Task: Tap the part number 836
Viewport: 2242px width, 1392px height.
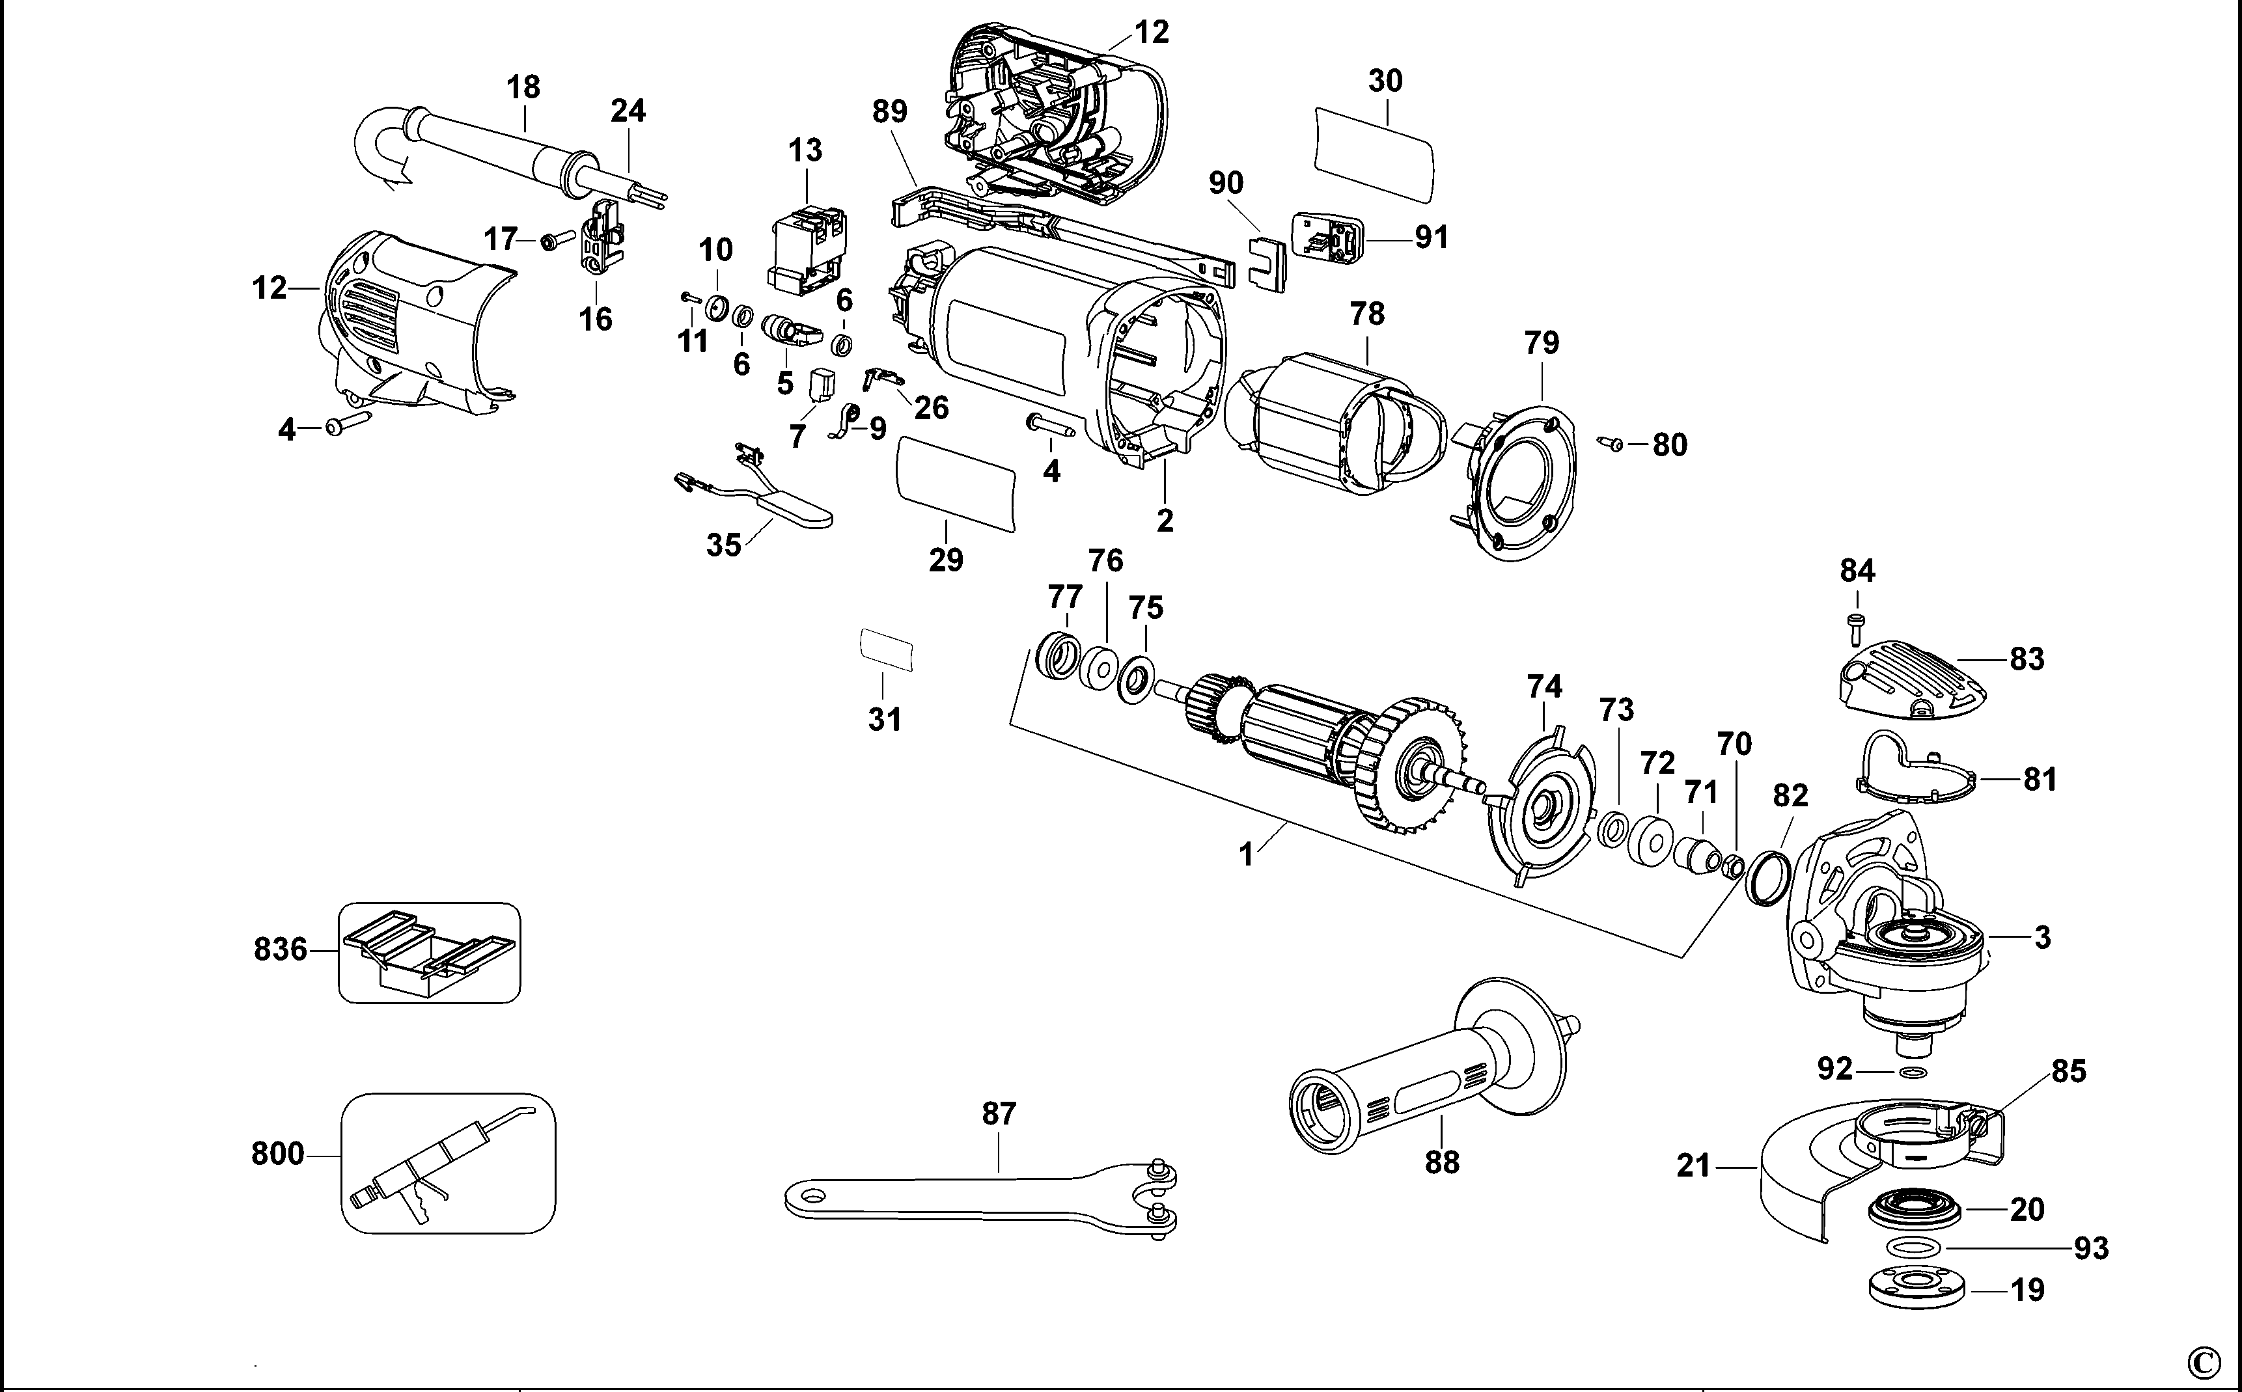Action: (x=280, y=949)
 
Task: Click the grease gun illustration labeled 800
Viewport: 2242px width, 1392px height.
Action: (x=449, y=1164)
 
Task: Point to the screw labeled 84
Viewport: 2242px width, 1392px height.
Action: (x=1855, y=628)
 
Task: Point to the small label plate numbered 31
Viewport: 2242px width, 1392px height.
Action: (x=886, y=650)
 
